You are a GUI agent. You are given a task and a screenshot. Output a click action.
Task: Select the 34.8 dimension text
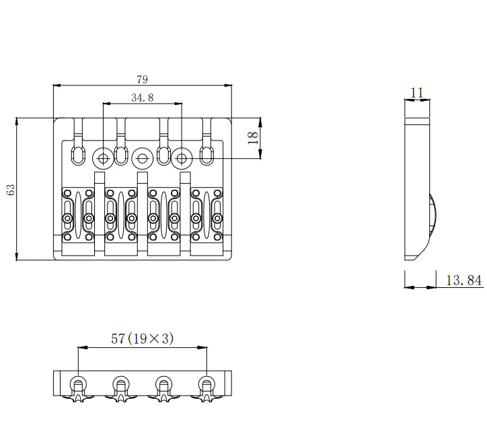(142, 98)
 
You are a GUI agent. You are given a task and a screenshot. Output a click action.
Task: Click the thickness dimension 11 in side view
(417, 92)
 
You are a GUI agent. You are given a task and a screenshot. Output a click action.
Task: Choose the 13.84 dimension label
(464, 281)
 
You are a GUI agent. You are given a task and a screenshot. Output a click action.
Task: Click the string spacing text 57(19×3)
(142, 339)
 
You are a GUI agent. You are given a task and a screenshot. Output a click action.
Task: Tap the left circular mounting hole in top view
(103, 159)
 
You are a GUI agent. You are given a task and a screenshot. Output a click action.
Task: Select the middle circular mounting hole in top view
(142, 159)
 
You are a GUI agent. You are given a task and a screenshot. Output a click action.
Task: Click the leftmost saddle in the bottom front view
(78, 388)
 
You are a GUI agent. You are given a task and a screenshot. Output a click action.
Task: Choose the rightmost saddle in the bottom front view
(206, 388)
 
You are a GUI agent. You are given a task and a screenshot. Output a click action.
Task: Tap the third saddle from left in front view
(163, 388)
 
